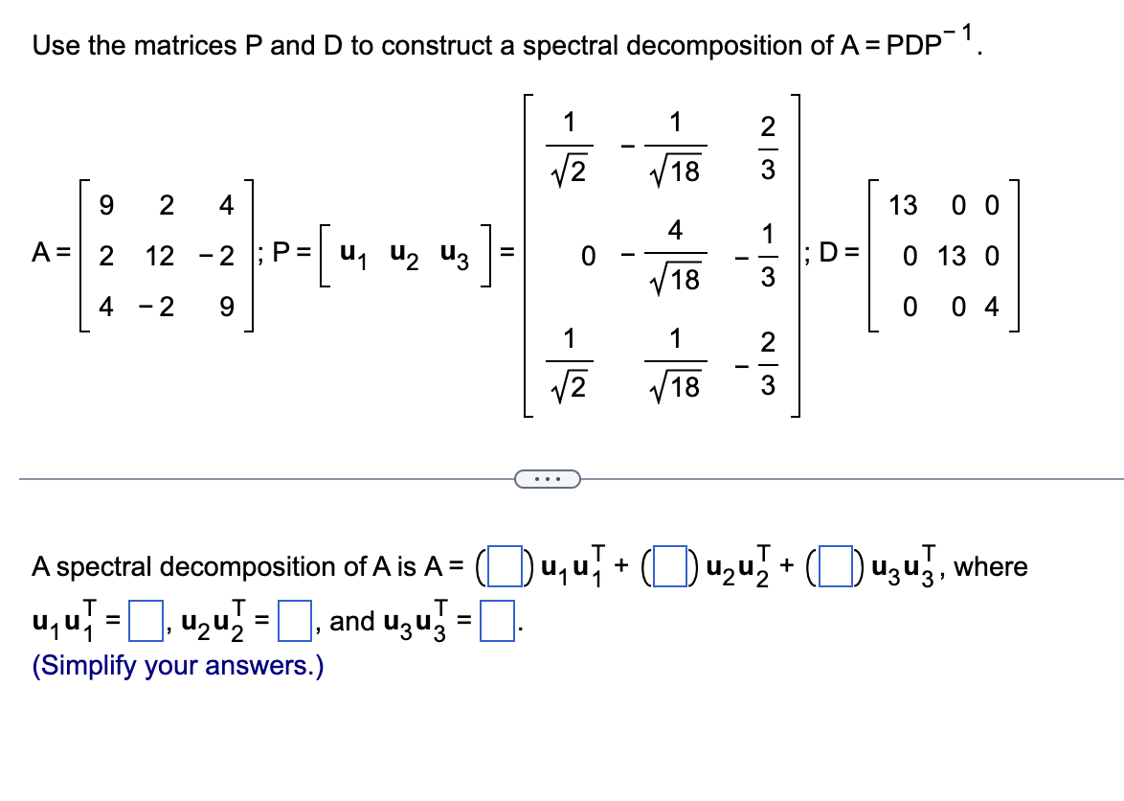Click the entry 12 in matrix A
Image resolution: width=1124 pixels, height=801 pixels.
pos(160,256)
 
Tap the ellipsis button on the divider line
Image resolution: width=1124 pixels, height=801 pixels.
pos(547,477)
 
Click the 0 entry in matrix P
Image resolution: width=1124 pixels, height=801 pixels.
pos(590,256)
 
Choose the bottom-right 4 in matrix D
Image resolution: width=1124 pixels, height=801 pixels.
pos(991,309)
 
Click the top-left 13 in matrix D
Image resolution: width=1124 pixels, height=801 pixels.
pos(903,205)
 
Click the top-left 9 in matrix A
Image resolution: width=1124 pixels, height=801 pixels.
pos(106,205)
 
